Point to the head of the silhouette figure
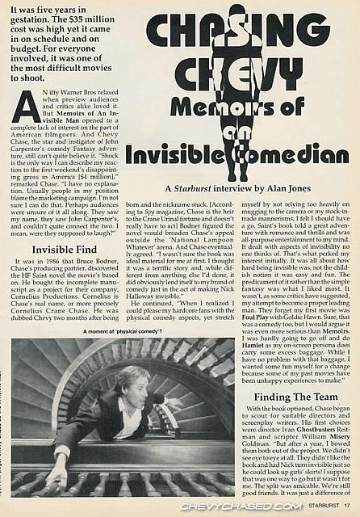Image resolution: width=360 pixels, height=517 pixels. pyautogui.click(x=236, y=14)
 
